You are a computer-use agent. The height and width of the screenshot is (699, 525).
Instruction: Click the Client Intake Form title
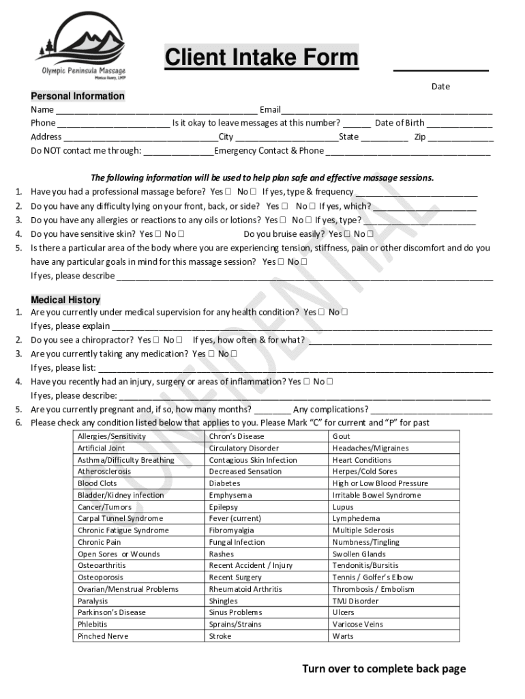(261, 58)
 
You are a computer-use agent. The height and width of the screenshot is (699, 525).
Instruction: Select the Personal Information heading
(78, 96)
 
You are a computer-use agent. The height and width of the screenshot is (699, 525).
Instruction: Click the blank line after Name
(156, 111)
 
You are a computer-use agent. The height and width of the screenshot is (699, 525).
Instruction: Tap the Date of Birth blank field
(460, 124)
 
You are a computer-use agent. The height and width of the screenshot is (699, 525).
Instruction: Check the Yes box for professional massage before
(228, 192)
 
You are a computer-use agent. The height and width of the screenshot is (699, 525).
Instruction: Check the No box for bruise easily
(370, 234)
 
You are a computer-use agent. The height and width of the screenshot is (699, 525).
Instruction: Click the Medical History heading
(65, 300)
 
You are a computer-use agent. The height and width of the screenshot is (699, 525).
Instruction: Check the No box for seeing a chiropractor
(179, 340)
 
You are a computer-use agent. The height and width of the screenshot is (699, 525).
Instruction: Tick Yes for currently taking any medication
(211, 354)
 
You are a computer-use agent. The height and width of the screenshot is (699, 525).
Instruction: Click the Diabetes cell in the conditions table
(225, 483)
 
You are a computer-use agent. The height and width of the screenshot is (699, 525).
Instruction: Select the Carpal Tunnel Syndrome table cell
(121, 519)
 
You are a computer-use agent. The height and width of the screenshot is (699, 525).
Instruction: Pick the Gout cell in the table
(342, 436)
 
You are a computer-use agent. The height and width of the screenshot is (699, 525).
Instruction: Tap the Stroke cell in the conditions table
(220, 636)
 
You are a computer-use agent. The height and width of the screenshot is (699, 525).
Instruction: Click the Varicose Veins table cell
(358, 625)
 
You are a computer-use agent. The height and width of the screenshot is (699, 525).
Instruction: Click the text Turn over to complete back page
(384, 669)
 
